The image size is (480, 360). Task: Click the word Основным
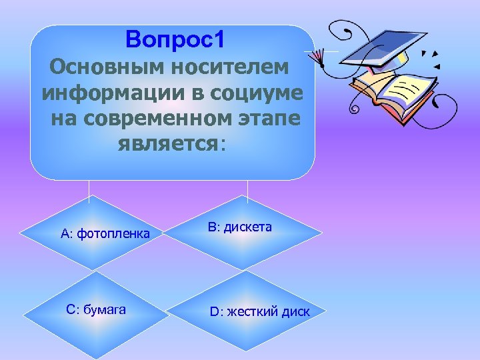click(104, 67)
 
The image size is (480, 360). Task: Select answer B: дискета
click(239, 227)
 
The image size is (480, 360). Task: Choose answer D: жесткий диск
click(260, 311)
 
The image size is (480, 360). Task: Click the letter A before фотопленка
click(65, 233)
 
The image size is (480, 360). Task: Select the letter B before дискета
click(211, 227)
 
